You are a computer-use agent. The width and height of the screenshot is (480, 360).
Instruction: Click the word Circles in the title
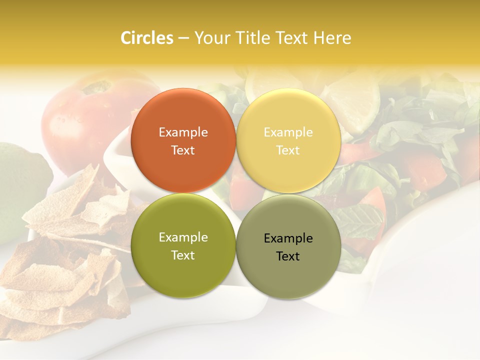click(146, 38)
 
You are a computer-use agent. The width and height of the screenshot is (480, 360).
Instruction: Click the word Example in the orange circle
click(183, 132)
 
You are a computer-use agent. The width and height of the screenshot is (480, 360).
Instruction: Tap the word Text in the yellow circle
click(288, 150)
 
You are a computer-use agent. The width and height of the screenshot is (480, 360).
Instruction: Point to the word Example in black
click(288, 238)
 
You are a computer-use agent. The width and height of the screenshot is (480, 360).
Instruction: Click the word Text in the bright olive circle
click(183, 255)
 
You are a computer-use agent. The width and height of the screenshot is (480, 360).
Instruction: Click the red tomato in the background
click(75, 120)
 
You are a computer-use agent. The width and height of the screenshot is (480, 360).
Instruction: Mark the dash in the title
click(183, 38)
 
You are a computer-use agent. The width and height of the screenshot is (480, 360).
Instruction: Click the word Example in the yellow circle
click(288, 132)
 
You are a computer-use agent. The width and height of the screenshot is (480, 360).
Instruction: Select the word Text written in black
click(288, 256)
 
